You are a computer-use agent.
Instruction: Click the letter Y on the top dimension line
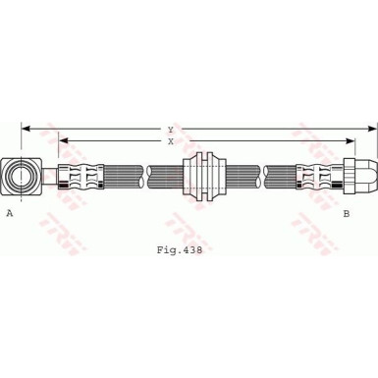pos(170,129)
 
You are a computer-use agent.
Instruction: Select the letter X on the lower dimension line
pos(170,140)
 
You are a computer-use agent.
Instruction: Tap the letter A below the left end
pos(10,213)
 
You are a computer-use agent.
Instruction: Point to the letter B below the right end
pos(346,213)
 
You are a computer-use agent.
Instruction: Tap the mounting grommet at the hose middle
pos(205,177)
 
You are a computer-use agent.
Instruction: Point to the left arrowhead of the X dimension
pos(62,140)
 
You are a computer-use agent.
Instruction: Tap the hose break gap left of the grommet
pos(146,177)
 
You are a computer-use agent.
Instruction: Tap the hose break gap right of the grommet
pos(262,177)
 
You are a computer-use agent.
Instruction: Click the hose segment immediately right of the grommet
pos(243,177)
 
